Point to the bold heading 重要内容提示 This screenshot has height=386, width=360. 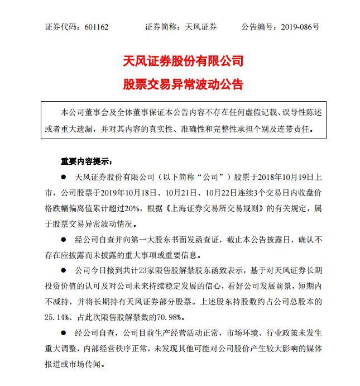[x=85, y=161]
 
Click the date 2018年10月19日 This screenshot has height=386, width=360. [x=290, y=178]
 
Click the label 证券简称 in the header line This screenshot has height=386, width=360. [x=161, y=27]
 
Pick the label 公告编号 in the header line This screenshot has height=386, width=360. [x=256, y=27]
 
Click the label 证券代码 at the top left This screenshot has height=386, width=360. [x=61, y=27]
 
